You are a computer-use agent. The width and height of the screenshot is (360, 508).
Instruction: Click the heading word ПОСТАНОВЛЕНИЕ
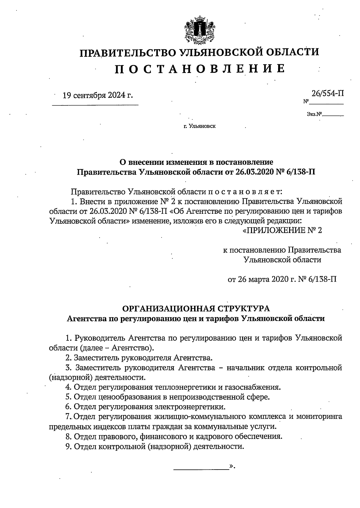click(x=200, y=69)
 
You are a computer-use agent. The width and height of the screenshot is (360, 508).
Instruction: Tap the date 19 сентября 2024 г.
click(x=97, y=95)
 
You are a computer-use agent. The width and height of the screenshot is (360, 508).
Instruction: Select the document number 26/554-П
click(x=327, y=93)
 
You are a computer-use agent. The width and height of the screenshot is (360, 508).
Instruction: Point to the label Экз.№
click(x=314, y=114)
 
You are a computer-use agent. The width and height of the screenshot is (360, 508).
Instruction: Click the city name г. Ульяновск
click(x=199, y=126)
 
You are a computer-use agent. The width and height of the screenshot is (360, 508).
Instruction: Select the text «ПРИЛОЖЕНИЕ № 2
click(x=282, y=231)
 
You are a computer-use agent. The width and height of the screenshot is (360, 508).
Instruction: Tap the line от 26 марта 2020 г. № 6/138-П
click(x=282, y=279)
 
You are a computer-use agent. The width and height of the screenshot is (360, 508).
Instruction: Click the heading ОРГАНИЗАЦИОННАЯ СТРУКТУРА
click(x=196, y=308)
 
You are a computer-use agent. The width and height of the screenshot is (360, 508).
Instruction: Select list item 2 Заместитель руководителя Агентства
click(x=139, y=358)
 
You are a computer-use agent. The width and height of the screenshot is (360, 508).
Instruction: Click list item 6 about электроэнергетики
click(x=145, y=407)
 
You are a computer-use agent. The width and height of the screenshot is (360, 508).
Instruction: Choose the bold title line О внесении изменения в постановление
click(x=196, y=162)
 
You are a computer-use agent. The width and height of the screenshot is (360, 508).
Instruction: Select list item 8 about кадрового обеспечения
click(x=174, y=436)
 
